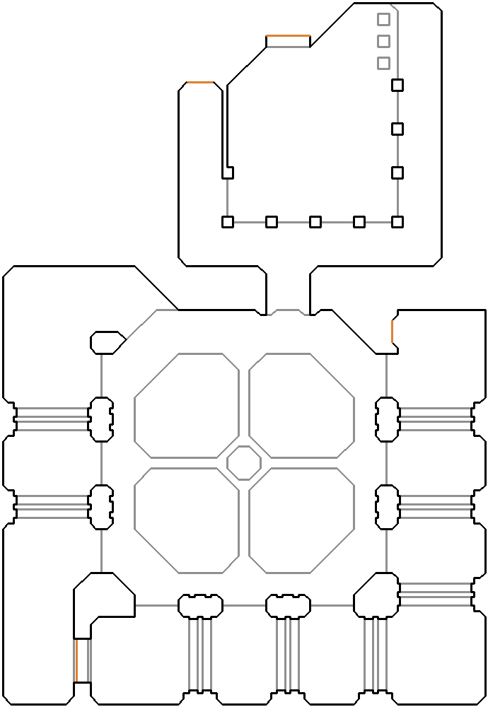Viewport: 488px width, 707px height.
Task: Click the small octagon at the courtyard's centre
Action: click(244, 463)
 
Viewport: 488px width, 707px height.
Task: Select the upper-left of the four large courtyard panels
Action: click(187, 406)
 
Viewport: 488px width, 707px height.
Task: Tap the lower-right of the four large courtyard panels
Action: click(302, 520)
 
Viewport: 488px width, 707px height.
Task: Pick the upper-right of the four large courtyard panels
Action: click(302, 406)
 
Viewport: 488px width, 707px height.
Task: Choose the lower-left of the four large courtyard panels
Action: click(187, 520)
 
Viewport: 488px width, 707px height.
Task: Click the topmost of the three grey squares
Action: click(383, 19)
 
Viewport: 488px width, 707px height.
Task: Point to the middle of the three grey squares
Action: click(383, 41)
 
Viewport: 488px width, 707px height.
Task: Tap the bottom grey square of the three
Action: click(383, 63)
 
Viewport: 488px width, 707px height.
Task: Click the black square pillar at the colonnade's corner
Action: click(397, 222)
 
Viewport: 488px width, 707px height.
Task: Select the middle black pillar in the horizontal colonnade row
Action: click(315, 222)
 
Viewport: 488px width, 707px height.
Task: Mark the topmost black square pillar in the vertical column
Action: click(397, 86)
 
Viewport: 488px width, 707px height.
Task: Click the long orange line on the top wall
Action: click(288, 36)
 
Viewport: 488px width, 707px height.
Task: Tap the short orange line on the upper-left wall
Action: click(200, 83)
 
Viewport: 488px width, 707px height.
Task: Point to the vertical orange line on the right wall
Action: click(392, 331)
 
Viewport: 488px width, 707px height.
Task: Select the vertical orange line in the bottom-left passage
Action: click(76, 660)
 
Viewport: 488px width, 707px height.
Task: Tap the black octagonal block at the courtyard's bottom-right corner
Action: click(376, 595)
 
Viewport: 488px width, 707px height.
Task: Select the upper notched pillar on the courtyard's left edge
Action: click(101, 419)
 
